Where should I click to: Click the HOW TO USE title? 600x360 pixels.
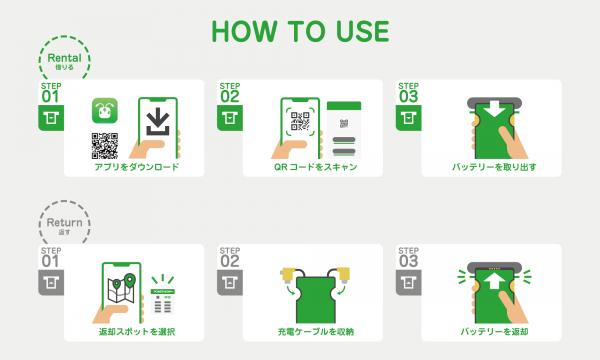click(x=300, y=31)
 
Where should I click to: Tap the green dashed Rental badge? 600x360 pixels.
click(x=64, y=58)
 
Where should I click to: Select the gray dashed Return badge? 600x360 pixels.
click(x=64, y=223)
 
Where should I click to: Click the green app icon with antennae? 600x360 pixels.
click(x=104, y=111)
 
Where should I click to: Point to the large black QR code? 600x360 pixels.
click(x=104, y=146)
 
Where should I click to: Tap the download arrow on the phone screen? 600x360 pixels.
click(x=158, y=122)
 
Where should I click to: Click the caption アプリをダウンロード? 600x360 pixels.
click(x=137, y=167)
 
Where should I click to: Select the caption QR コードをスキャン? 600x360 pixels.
click(x=315, y=167)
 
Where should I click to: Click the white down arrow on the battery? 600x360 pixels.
click(x=494, y=109)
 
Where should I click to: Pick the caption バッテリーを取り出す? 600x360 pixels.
click(x=494, y=167)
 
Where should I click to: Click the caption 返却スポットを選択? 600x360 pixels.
click(x=137, y=332)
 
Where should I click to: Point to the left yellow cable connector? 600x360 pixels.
click(x=287, y=275)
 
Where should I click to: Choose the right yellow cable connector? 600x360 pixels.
click(x=343, y=275)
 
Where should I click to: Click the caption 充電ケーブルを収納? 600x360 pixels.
click(x=315, y=332)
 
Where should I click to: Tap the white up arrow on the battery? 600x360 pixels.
click(x=494, y=280)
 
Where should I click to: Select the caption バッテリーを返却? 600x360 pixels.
click(x=494, y=332)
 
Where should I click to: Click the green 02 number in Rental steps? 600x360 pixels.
click(x=230, y=97)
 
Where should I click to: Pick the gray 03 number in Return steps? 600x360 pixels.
click(x=408, y=262)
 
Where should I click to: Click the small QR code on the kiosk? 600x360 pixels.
click(x=344, y=124)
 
